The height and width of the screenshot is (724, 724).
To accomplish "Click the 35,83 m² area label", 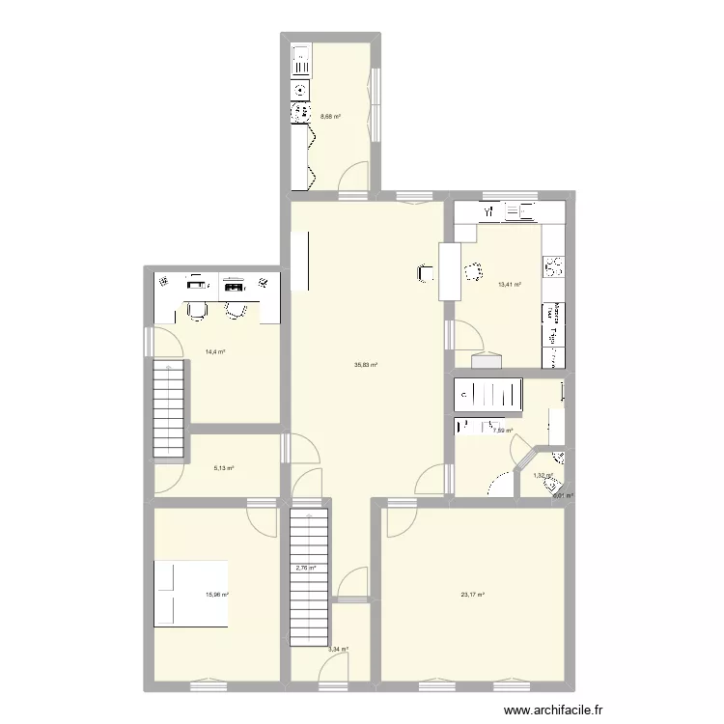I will [x=365, y=365].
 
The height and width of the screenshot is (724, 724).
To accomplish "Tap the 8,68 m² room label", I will [x=330, y=118].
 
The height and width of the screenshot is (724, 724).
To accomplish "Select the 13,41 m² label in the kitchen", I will [x=509, y=285].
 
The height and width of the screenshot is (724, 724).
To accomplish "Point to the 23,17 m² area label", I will [x=472, y=594].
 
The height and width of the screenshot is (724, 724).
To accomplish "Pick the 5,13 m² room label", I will [x=224, y=468].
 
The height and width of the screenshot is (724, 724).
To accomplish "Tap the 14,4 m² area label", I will [x=214, y=351].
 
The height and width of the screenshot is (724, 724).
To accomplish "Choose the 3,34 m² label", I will [x=338, y=649].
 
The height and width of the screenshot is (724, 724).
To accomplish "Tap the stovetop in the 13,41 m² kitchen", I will [x=553, y=265].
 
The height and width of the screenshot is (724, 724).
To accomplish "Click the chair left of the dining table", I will [x=426, y=274].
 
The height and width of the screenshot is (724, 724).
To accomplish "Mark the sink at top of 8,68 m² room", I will [x=300, y=61].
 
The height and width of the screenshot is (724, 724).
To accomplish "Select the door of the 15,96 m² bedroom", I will [x=261, y=521].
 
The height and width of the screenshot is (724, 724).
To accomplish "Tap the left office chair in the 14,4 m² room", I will [x=197, y=309].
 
